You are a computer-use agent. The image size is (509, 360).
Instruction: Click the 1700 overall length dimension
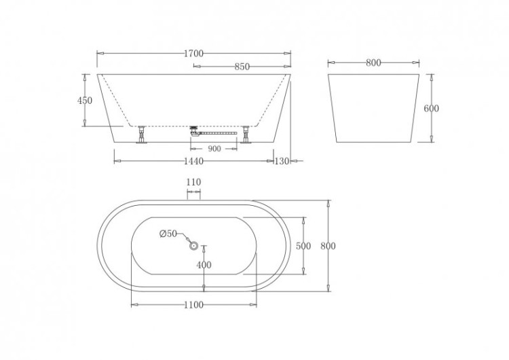pyautogui.click(x=193, y=52)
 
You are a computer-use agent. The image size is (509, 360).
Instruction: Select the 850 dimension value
pyautogui.click(x=242, y=67)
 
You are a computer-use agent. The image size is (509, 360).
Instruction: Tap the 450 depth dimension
pyautogui.click(x=84, y=101)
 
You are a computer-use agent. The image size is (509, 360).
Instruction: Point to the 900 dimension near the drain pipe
pyautogui.click(x=214, y=148)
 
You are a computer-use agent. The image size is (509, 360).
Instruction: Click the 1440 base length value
pyautogui.click(x=194, y=161)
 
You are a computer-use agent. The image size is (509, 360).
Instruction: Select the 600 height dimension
pyautogui.click(x=432, y=109)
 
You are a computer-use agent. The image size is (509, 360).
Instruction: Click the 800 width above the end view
pyautogui.click(x=373, y=62)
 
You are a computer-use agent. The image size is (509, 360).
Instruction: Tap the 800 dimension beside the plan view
pyautogui.click(x=328, y=246)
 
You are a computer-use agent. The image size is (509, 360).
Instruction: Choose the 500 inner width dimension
pyautogui.click(x=303, y=246)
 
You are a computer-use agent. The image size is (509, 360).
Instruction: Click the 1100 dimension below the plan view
pyautogui.click(x=193, y=305)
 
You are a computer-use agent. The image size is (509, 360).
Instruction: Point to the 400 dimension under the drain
pyautogui.click(x=204, y=265)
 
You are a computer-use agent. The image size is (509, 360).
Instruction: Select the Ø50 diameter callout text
pyautogui.click(x=168, y=234)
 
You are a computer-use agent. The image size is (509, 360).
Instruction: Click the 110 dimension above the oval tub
pyautogui.click(x=193, y=182)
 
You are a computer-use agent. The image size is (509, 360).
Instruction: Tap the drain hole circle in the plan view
pyautogui.click(x=193, y=246)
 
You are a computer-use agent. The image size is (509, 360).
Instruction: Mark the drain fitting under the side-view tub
pyautogui.click(x=195, y=130)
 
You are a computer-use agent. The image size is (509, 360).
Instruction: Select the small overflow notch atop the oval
pyautogui.click(x=193, y=196)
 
